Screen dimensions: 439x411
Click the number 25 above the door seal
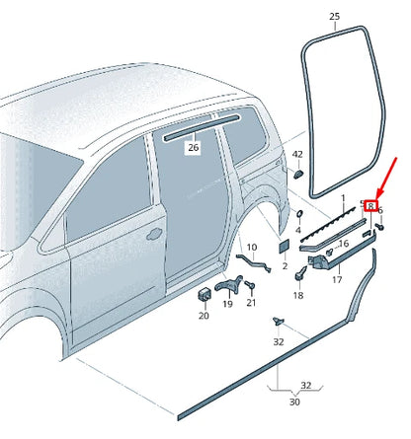[334, 17]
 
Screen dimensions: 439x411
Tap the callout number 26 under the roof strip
[194, 148]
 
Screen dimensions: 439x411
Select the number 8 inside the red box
[370, 206]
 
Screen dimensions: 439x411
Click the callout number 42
[297, 154]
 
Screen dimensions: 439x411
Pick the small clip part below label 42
[296, 174]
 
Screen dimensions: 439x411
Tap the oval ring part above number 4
[298, 213]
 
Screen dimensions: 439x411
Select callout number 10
[251, 247]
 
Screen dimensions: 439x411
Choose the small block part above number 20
[205, 294]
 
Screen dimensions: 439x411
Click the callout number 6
[380, 210]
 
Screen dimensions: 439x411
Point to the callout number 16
[344, 243]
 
